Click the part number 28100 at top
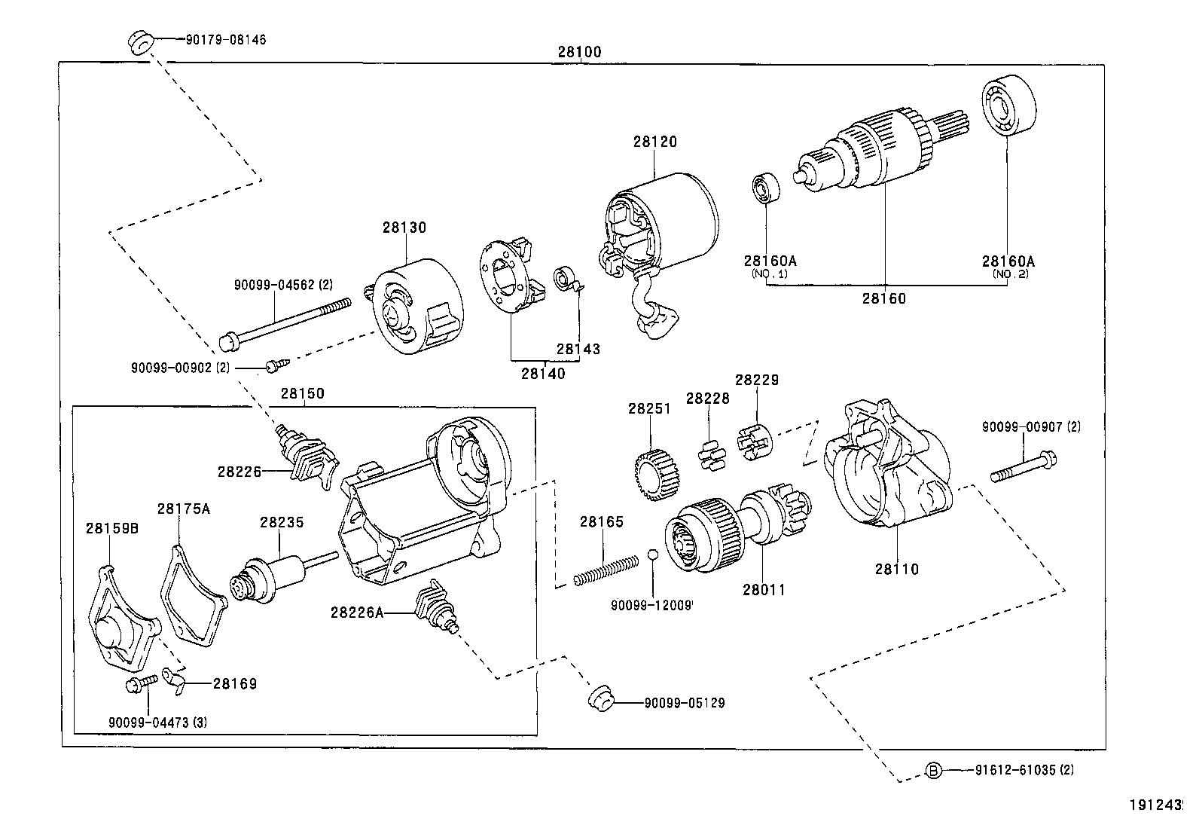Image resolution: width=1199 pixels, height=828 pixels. click(x=579, y=52)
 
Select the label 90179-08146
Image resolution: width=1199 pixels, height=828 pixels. click(x=225, y=40)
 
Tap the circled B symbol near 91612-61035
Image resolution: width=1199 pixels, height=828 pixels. click(x=932, y=770)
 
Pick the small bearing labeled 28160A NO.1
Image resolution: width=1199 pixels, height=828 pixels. click(x=767, y=188)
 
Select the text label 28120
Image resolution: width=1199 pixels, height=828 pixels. click(x=654, y=141)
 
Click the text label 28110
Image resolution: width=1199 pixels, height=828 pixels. click(x=896, y=570)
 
